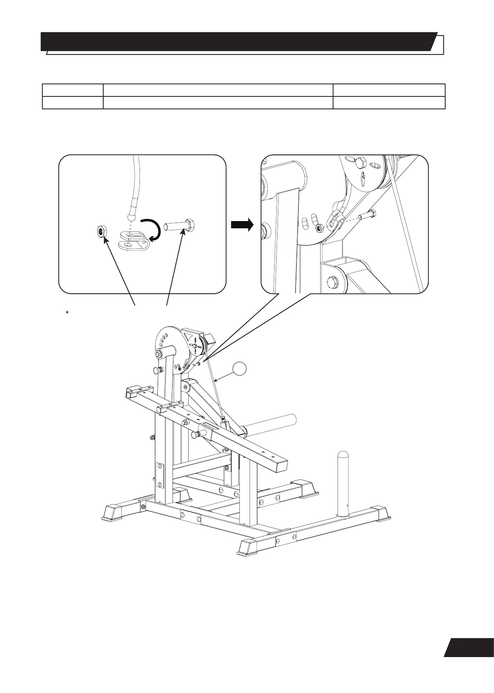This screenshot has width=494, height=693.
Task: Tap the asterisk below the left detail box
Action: tap(69, 313)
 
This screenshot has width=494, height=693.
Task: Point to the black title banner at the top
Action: tap(238, 42)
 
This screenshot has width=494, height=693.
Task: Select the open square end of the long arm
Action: tap(278, 463)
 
